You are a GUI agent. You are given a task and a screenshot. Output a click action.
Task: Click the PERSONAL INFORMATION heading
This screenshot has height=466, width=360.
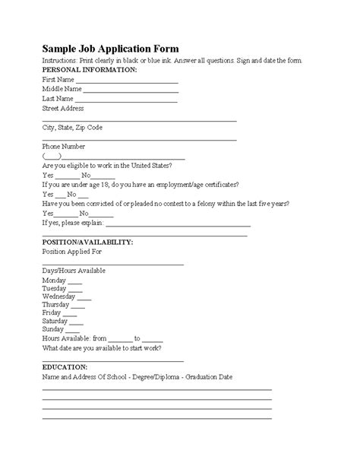tap(90, 69)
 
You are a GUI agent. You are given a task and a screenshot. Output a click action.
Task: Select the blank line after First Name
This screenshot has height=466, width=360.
tap(127, 80)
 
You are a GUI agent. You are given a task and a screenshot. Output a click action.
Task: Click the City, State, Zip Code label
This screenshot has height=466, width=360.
tap(72, 127)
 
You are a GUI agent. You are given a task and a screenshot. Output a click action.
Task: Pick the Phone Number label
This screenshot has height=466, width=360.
tap(64, 146)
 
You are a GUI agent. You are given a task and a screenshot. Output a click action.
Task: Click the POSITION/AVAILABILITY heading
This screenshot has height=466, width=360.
tap(87, 242)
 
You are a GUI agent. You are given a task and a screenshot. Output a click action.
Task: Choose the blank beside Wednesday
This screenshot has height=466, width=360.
tap(84, 299)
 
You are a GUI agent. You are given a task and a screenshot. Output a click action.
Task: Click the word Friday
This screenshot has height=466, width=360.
tap(52, 312)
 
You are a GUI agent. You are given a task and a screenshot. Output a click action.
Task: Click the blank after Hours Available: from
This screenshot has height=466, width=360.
tap(120, 339)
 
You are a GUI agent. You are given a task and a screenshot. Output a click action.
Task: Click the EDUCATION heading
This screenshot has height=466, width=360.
tap(65, 366)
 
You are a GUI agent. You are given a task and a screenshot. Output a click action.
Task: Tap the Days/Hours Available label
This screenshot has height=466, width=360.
tap(74, 271)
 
